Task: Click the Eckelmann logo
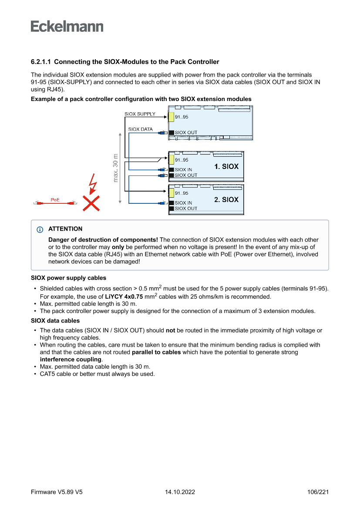(67, 27)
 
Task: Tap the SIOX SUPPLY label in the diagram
(140, 114)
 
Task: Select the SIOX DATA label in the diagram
(140, 129)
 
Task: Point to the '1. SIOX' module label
(226, 166)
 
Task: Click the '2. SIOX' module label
(226, 199)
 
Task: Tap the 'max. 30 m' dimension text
(115, 168)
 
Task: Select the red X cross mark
(91, 203)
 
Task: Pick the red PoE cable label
(55, 200)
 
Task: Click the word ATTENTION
(65, 229)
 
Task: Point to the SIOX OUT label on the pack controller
(186, 132)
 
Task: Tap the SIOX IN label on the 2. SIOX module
(183, 203)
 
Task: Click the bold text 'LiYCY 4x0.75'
(124, 297)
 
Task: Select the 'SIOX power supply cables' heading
(68, 278)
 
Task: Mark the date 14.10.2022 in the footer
(180, 492)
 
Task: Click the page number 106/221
(318, 492)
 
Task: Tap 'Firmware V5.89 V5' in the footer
(57, 492)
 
